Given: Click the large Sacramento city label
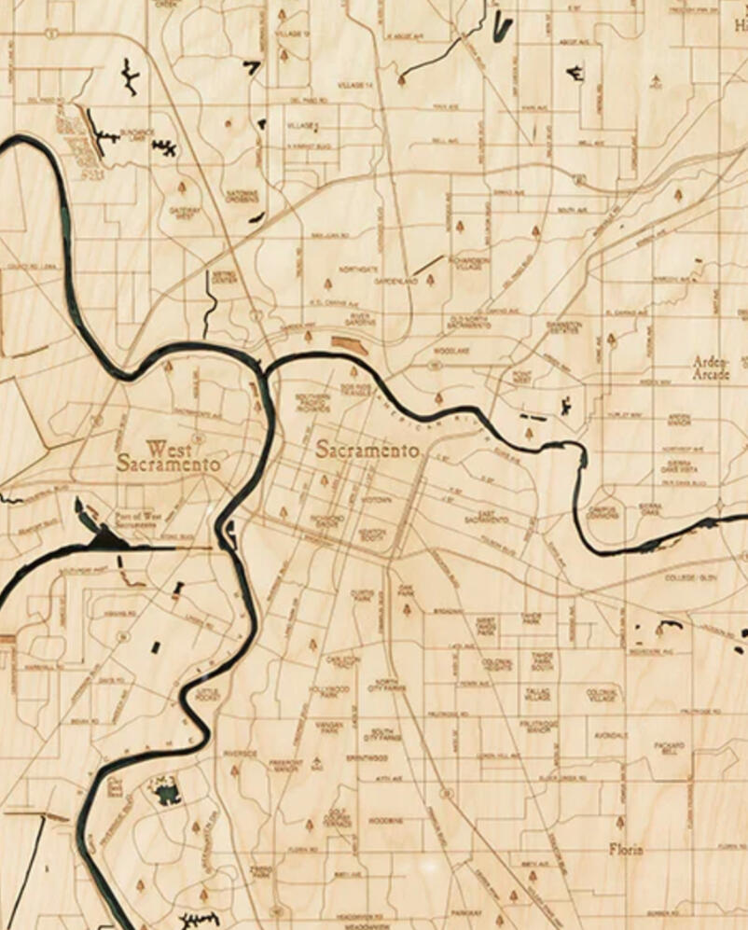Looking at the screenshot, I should pyautogui.click(x=367, y=450).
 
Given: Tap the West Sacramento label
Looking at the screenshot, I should pyautogui.click(x=168, y=456).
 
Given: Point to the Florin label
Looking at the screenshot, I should pyautogui.click(x=626, y=850).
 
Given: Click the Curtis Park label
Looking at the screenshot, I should pyautogui.click(x=362, y=594).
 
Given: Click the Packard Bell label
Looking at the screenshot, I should pyautogui.click(x=669, y=748).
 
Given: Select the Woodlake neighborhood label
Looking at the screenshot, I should pyautogui.click(x=450, y=350).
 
